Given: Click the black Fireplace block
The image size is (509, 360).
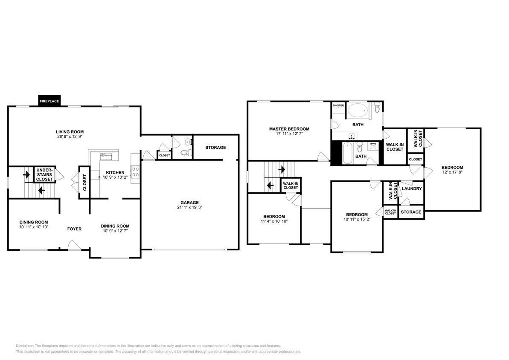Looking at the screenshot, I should click(49, 101).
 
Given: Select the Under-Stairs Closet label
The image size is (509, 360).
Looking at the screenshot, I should click(44, 174).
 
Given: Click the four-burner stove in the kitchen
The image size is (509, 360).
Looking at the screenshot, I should click(136, 172).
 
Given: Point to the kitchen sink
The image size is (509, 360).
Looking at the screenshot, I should click(106, 156).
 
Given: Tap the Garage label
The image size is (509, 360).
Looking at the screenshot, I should click(189, 203).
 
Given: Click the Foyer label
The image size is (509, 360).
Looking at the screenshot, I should click(74, 229).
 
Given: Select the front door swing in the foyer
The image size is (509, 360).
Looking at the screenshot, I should click(73, 245).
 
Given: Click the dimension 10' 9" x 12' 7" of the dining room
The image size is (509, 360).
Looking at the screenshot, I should click(115, 232).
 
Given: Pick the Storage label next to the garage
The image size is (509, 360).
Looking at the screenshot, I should click(215, 148).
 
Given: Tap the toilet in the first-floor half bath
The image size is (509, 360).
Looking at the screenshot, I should click(185, 152).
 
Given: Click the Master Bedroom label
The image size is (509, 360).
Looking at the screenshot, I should click(289, 129).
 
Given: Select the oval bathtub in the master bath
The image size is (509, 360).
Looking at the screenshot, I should click(358, 111).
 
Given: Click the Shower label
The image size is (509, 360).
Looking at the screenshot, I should click(338, 105).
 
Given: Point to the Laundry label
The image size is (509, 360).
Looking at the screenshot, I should click(412, 189).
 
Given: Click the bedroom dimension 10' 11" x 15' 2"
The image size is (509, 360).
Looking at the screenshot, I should click(357, 220).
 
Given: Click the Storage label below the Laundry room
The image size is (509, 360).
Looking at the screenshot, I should click(411, 212).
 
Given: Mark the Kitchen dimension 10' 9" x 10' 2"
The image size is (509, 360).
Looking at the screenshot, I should click(112, 178).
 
